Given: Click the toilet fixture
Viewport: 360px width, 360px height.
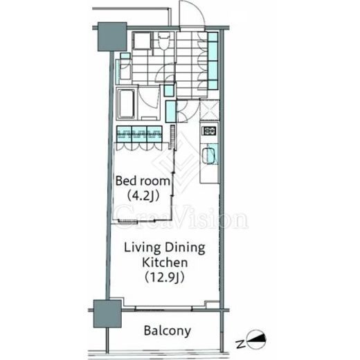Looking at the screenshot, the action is point(164,41).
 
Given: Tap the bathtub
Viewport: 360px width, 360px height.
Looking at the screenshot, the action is point(126,104).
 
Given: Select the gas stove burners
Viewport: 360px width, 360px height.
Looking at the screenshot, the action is point(209,131).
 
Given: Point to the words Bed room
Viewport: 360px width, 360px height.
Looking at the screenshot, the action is point(143,181).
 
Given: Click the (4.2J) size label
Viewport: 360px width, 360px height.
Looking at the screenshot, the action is point(143,196).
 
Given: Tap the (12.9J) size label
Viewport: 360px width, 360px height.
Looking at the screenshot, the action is point(165,277).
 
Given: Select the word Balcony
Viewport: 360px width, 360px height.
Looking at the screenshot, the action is point(168,331).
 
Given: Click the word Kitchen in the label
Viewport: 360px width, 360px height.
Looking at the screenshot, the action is point(165,262).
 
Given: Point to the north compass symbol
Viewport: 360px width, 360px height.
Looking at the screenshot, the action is point(256,339).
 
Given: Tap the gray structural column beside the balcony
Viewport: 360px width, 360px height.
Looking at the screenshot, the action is point(107,314).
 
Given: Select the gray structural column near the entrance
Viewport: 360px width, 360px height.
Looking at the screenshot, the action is point(112,37).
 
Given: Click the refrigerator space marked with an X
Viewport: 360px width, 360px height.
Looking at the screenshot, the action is point(209,110).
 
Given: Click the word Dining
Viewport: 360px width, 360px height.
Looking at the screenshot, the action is point(185,249).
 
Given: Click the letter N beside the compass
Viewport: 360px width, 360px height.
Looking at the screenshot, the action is point(240,344).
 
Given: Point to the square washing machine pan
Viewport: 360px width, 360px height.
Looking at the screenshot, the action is point(142,41).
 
